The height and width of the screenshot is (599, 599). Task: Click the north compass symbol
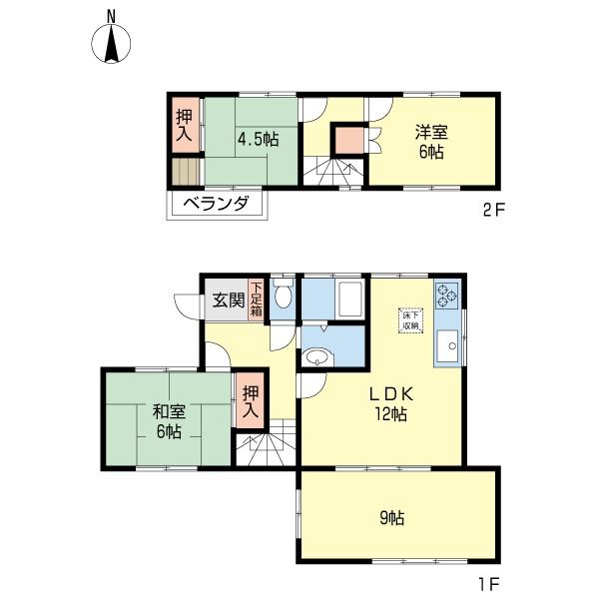[x=112, y=42]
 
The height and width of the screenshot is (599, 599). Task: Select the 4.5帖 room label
[x=258, y=139]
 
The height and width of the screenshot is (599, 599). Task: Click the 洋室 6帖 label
[x=431, y=141]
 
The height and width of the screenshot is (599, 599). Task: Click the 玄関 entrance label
[x=228, y=299]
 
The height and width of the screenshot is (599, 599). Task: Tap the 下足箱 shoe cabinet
[x=256, y=299]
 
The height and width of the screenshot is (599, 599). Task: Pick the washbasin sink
[x=318, y=356]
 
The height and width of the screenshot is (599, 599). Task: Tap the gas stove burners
[x=447, y=295]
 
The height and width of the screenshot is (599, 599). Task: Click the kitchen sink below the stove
[x=447, y=347]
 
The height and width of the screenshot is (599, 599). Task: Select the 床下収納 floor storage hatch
[x=410, y=319]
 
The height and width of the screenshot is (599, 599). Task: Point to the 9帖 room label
[x=397, y=518]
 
